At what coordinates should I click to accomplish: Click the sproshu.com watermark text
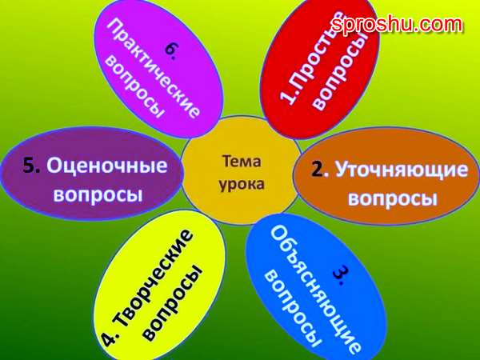397,24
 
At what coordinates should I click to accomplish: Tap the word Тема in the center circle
242,162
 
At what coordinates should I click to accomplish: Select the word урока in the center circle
242,185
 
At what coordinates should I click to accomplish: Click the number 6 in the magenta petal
170,51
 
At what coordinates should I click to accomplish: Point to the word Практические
153,68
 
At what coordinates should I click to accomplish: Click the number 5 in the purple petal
30,166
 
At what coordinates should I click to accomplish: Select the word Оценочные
107,166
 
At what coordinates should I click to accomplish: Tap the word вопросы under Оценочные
98,194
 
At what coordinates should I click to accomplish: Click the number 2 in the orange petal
317,170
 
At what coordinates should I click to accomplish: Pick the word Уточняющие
402,170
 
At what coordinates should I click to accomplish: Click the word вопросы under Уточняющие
393,198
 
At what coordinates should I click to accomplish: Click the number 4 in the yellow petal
110,339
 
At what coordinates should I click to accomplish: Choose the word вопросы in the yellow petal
173,302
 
